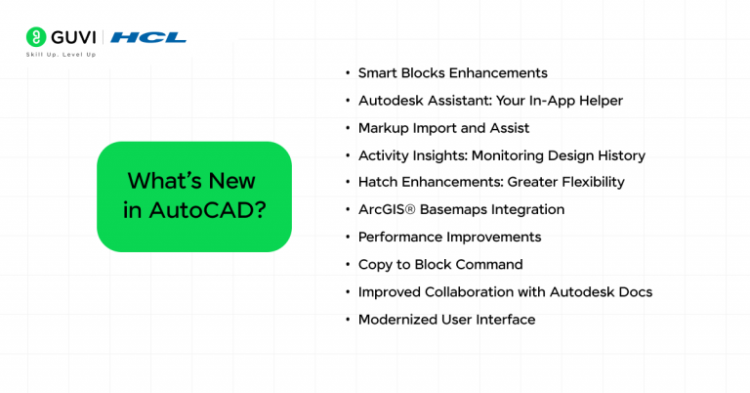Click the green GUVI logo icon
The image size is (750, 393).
pyautogui.click(x=37, y=37)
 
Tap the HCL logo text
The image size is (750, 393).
pyautogui.click(x=148, y=37)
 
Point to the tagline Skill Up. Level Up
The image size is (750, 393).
pyautogui.click(x=61, y=55)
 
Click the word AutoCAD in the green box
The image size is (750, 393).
pyautogui.click(x=207, y=210)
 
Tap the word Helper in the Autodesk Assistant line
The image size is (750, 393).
pyautogui.click(x=599, y=101)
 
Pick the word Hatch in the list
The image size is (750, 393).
pyautogui.click(x=378, y=182)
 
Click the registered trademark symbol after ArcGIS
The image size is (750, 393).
pyautogui.click(x=410, y=208)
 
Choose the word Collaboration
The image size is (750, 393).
pyautogui.click(x=465, y=291)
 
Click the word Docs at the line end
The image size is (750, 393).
pyautogui.click(x=634, y=291)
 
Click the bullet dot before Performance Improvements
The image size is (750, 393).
pyautogui.click(x=347, y=238)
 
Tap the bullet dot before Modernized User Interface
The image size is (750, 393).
pyautogui.click(x=347, y=320)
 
